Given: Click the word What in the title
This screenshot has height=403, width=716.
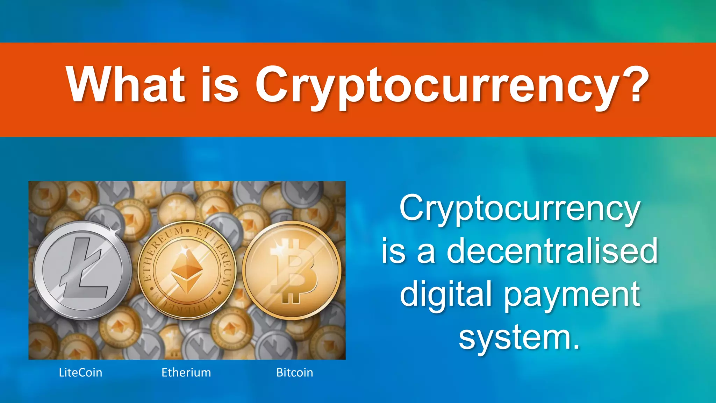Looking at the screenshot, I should (125, 85).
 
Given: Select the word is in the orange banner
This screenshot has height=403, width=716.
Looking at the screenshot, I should (220, 85).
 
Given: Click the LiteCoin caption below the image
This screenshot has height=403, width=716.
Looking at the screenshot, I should (80, 373).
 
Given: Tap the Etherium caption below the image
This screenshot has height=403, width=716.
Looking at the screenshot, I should (186, 373).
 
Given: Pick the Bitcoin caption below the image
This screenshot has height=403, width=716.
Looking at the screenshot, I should (294, 373).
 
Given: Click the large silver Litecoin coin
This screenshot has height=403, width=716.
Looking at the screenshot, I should (83, 270).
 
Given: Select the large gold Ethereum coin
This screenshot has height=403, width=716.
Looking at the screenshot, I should (187, 270).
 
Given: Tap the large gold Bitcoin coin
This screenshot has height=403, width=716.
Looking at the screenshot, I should (292, 270).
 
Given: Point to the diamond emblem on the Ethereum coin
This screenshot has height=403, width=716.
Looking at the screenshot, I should (187, 271).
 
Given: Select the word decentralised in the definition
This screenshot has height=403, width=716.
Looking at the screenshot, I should (552, 251).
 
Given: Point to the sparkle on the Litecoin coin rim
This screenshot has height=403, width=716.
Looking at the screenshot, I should (114, 229).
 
